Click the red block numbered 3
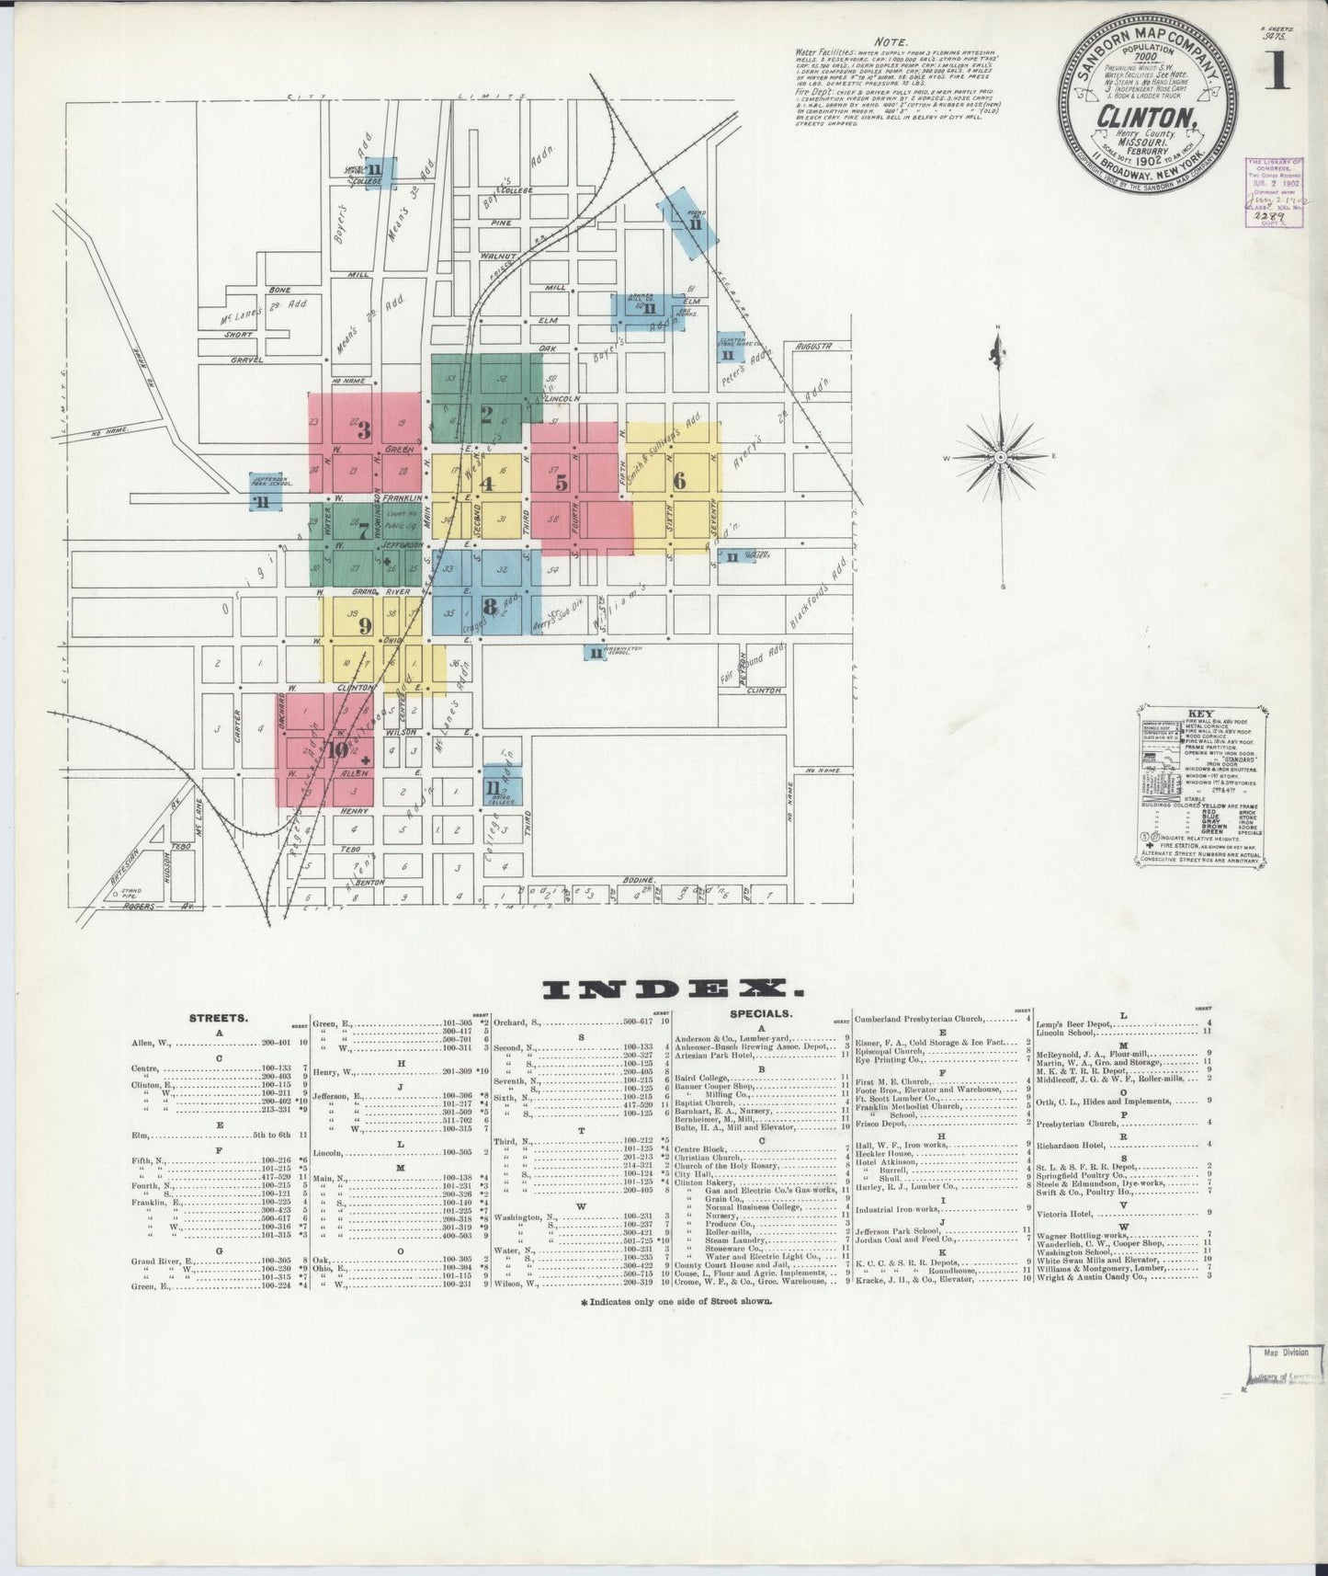pos(364,430)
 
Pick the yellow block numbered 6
pos(679,481)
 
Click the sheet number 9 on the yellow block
pos(365,626)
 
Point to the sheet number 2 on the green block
pos(486,411)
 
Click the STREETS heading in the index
pos(218,1018)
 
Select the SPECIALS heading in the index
pos(760,1013)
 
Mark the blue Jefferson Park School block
pos(263,490)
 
